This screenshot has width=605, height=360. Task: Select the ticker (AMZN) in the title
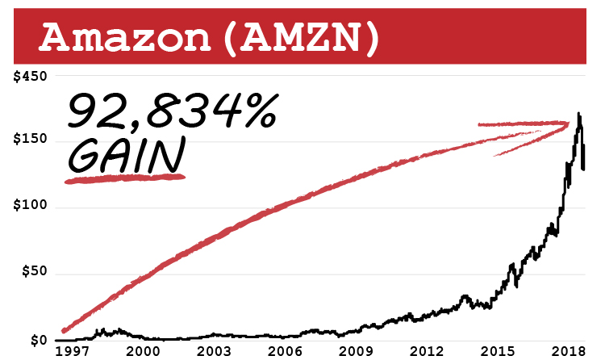pyautogui.click(x=299, y=36)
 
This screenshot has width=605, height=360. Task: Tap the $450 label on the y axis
pyautogui.click(x=31, y=76)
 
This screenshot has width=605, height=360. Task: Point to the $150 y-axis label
pyautogui.click(x=31, y=141)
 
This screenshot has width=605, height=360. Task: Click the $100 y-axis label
pyautogui.click(x=31, y=207)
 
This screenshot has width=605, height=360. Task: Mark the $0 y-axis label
pyautogui.click(x=37, y=340)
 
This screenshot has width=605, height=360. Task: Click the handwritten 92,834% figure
pyautogui.click(x=172, y=113)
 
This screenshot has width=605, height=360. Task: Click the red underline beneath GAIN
pyautogui.click(x=125, y=178)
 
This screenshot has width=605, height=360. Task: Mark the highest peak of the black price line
pyautogui.click(x=578, y=114)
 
